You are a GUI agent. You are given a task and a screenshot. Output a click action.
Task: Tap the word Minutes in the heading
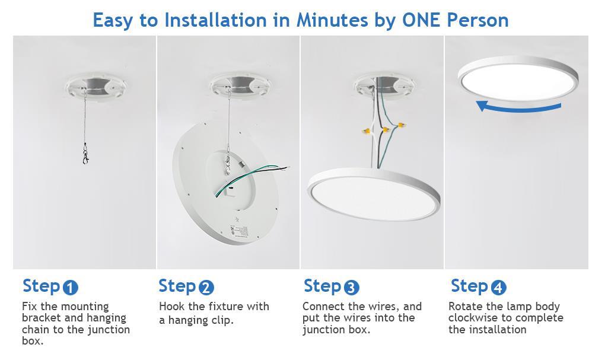332,20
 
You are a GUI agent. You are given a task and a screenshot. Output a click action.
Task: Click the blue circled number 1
70,288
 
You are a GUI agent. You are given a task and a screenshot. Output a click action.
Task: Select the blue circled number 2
206,288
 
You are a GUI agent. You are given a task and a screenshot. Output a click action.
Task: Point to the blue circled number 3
351,288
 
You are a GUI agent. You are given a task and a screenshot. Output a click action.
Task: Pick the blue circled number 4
499,288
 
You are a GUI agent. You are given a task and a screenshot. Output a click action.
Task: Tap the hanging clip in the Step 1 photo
85,154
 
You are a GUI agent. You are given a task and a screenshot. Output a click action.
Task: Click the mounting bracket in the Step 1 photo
96,88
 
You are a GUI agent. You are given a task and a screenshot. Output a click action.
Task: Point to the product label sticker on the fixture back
238,231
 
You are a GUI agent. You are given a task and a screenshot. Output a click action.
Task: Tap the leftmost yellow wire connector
366,131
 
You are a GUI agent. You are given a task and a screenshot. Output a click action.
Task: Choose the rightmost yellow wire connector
402,125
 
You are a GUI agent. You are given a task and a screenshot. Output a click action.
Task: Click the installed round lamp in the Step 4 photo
518,79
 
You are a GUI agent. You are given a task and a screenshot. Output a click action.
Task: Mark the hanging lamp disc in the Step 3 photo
374,194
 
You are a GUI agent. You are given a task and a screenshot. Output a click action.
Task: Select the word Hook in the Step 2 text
172,307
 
